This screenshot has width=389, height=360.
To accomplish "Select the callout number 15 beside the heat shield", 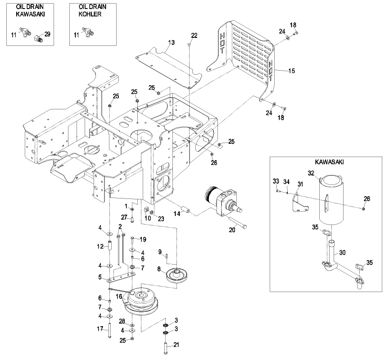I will tap(292, 71).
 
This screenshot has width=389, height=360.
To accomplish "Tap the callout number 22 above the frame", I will tap(194, 35).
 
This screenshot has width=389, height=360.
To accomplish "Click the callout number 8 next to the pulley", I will tap(159, 269).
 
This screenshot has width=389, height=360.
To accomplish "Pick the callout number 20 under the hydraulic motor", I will tap(232, 229).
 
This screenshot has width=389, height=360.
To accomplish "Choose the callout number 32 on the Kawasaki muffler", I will tap(311, 172).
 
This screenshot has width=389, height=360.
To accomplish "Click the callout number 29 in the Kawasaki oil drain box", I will tap(47, 34).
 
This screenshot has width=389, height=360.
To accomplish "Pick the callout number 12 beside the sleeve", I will tap(101, 246).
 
